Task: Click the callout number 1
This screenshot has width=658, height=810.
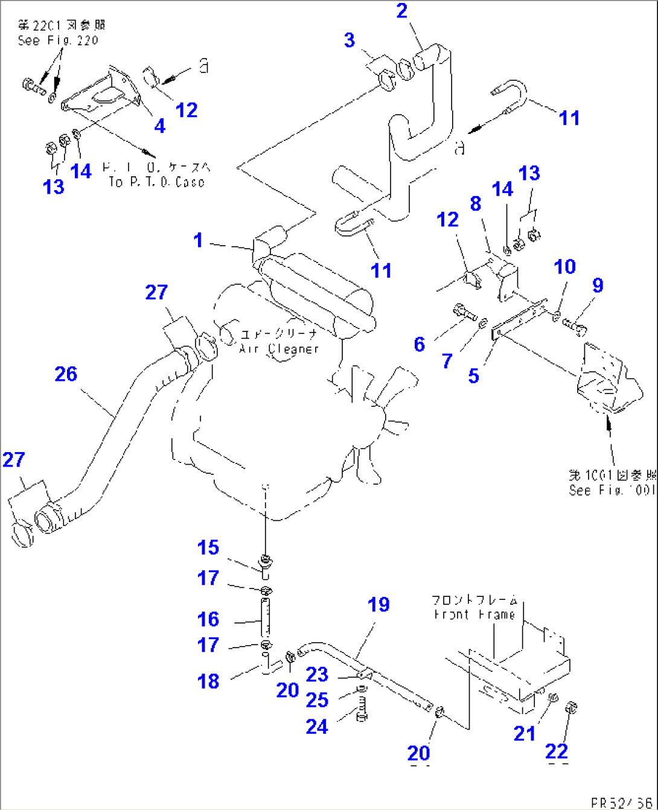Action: [x=198, y=240]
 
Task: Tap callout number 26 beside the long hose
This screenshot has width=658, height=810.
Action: [x=66, y=374]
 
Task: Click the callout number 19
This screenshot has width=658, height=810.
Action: [x=379, y=605]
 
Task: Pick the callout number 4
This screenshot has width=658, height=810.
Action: [x=159, y=126]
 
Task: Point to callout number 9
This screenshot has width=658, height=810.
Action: [x=598, y=285]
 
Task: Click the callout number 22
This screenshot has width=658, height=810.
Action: [x=556, y=751]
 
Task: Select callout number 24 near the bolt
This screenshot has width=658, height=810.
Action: [x=316, y=727]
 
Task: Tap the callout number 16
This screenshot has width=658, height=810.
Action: [x=208, y=619]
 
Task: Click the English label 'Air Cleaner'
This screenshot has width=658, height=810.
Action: [x=279, y=349]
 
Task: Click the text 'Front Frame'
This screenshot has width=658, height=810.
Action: [x=474, y=614]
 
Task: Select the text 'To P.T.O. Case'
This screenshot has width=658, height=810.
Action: [x=156, y=182]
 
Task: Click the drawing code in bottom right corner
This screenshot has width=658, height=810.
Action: [x=622, y=802]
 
